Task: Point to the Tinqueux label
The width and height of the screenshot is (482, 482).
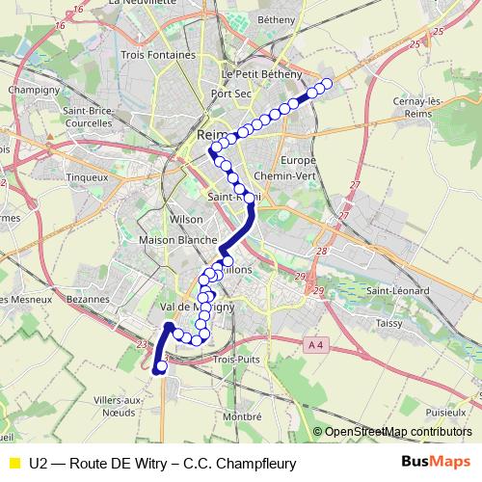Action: pos(100,177)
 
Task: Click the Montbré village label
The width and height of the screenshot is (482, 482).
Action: pos(242,415)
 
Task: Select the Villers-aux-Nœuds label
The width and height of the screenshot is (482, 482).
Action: pos(120,406)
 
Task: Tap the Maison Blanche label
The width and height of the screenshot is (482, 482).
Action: pos(177,239)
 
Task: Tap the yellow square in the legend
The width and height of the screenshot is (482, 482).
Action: pos(13,462)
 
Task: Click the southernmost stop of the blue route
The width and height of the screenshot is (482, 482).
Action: pos(161,366)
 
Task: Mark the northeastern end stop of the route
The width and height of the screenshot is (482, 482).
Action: pos(326,84)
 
